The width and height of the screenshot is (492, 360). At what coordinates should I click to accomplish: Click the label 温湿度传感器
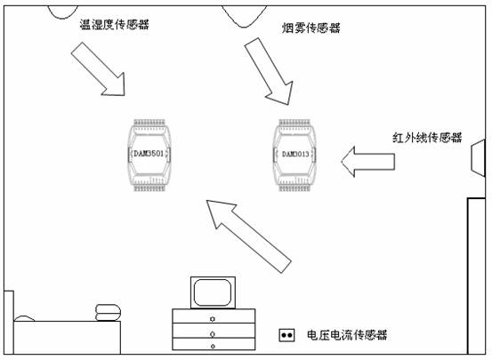[114, 25]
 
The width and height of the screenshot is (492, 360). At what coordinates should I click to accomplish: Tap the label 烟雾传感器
[311, 28]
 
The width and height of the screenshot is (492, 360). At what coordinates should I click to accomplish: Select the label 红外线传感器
[427, 138]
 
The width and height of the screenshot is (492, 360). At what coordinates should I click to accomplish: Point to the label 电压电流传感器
[347, 335]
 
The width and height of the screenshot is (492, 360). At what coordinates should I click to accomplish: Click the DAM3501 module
[149, 155]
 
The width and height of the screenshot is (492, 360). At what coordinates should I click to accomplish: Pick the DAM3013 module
[294, 155]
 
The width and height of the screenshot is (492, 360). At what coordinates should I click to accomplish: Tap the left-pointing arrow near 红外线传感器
[367, 162]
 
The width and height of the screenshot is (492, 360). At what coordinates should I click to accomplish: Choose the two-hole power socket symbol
[286, 335]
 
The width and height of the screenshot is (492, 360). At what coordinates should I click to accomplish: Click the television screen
[213, 292]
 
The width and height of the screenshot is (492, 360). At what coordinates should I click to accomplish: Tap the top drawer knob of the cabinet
[213, 319]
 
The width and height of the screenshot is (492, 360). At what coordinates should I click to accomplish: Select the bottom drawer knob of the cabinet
[213, 346]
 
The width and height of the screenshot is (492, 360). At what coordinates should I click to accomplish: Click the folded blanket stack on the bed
[108, 313]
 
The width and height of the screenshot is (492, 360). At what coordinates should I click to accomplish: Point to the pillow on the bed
[25, 318]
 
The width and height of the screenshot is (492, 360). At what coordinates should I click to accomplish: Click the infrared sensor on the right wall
[478, 158]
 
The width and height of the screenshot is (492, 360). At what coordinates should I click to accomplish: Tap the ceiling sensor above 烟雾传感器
[244, 17]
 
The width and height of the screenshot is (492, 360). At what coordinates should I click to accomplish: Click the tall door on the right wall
[476, 276]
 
